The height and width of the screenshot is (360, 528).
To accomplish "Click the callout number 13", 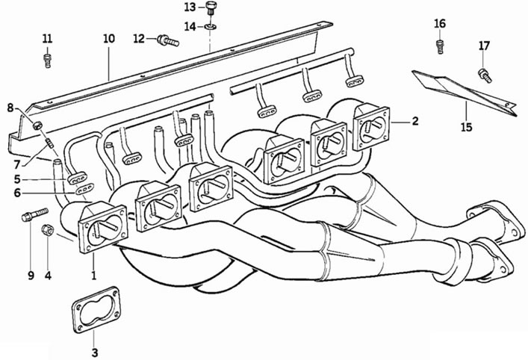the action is [x=190, y=7].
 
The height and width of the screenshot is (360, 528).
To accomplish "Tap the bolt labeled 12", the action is [x=168, y=41].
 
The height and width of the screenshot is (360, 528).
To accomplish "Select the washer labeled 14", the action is [x=211, y=26].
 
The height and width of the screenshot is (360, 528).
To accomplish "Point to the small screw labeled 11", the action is [x=48, y=60].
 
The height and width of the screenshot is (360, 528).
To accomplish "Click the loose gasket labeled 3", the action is [x=96, y=309].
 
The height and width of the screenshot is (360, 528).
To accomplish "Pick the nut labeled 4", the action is [x=48, y=229].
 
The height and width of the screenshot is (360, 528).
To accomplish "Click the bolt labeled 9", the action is [x=34, y=215].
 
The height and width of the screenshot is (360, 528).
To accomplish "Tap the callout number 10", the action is [x=109, y=38].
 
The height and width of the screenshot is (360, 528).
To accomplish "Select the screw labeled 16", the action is [x=440, y=46].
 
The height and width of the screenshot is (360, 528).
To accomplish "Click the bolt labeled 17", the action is [x=485, y=75].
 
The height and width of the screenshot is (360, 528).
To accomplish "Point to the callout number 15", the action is [x=467, y=127].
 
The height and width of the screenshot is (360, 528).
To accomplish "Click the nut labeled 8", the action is [x=37, y=125].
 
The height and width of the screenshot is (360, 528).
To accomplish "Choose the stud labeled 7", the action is [x=49, y=143].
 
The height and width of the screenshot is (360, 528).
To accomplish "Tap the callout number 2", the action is [x=415, y=121].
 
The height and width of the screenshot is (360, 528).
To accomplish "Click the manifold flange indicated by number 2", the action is [x=371, y=128].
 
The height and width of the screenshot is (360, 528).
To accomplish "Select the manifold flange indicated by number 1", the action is [x=103, y=229].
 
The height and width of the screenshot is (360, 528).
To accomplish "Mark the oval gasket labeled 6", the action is [x=84, y=189].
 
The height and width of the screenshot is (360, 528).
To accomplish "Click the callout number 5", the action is [x=17, y=179].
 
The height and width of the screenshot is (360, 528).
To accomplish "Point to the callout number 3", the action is [x=95, y=353].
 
